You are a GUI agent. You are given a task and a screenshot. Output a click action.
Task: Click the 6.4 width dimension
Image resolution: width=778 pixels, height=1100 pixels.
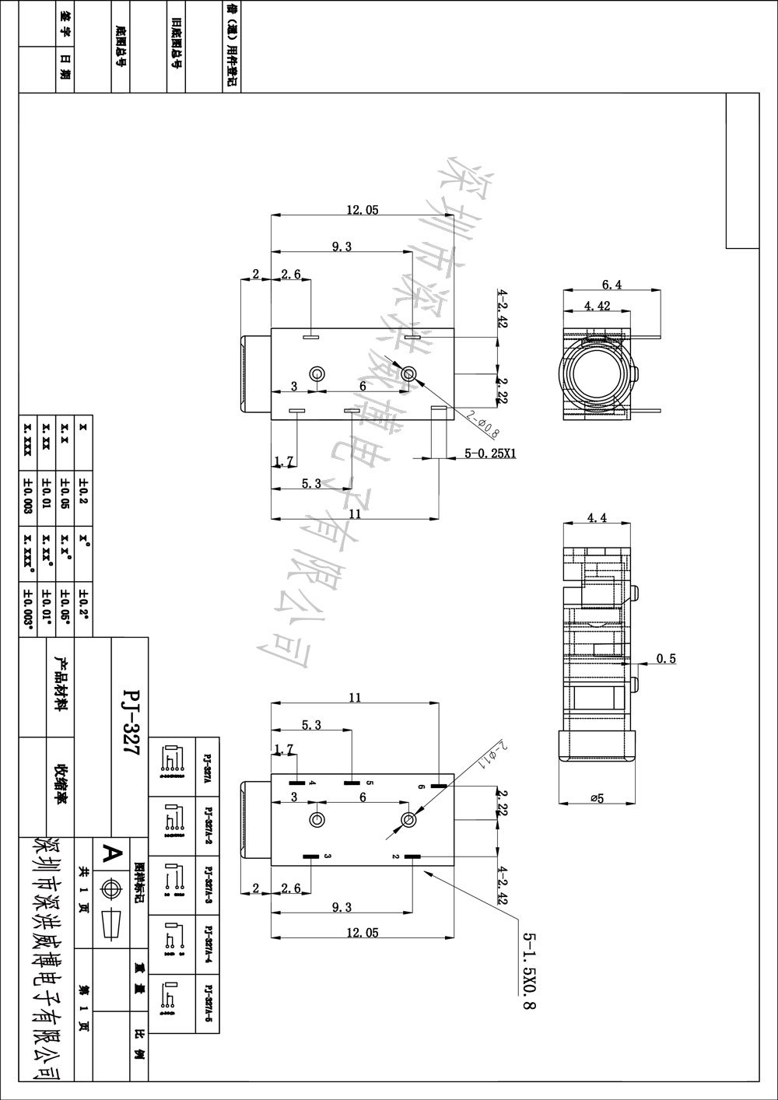(612, 284)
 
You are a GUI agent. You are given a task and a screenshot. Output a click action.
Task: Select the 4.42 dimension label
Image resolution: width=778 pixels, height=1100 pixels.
(597, 306)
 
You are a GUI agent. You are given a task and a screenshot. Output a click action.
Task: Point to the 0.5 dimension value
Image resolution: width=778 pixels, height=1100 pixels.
(666, 659)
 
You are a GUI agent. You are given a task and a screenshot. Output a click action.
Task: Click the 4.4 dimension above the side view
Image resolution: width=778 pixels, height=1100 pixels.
(597, 517)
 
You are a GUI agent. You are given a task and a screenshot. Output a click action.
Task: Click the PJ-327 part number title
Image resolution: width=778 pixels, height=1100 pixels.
(131, 716)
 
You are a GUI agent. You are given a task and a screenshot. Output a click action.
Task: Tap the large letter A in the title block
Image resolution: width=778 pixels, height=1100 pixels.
(113, 853)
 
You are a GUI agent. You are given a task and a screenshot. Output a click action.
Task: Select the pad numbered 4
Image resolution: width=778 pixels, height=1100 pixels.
(297, 782)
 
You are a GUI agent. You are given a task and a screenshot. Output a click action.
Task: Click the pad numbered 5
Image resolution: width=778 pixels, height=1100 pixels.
(352, 782)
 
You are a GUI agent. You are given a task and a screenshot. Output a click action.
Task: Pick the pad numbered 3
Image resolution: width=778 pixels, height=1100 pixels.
(311, 857)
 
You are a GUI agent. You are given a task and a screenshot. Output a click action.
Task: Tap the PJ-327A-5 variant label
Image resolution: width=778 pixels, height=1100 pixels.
(208, 1004)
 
